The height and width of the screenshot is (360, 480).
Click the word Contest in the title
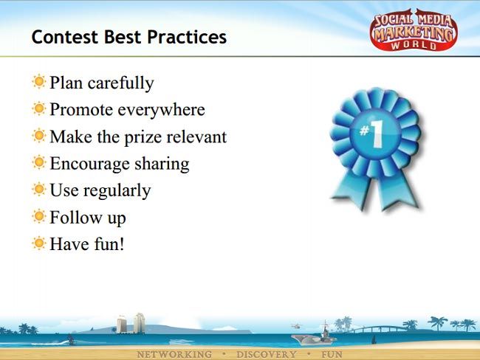point(65,37)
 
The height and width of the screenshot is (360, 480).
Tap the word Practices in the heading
point(187,37)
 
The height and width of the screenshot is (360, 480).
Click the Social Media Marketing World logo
point(414,30)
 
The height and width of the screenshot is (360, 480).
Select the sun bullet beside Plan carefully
point(39,82)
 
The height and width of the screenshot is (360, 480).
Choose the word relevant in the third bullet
point(196,136)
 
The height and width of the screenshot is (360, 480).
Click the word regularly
point(117,191)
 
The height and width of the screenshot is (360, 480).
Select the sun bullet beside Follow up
point(39,216)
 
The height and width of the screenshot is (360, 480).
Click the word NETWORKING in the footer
point(174,355)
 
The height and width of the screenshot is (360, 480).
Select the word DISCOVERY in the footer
point(267,355)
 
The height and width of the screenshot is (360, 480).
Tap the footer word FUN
point(332,355)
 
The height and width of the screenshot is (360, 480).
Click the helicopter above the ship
point(295,326)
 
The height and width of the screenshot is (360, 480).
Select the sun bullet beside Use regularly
point(39,190)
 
